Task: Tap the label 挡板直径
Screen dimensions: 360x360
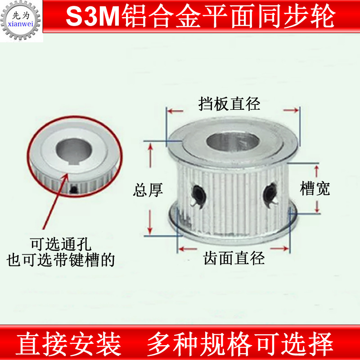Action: pos(229,104)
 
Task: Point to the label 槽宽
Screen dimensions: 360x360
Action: pos(315,188)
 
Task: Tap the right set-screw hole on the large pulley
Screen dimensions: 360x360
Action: pos(269,193)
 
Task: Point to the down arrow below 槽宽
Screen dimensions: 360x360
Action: pos(318,206)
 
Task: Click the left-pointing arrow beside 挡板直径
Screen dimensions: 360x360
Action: pos(175,110)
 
